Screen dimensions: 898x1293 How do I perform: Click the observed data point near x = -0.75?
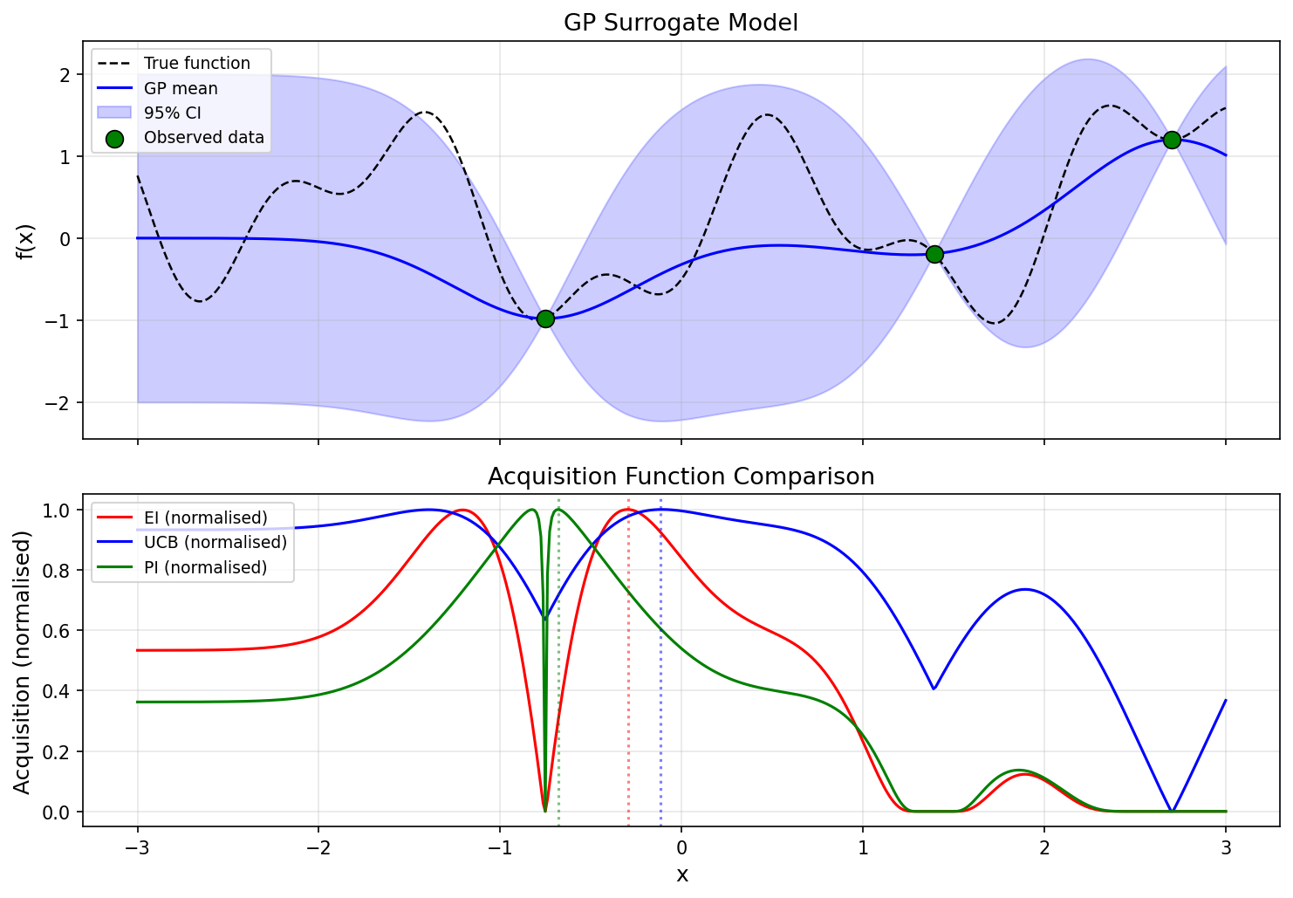(x=545, y=319)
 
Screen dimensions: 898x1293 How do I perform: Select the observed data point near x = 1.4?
(x=934, y=254)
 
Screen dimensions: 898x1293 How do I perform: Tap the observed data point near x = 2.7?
(x=1172, y=140)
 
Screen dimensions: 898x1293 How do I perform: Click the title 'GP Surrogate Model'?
(x=681, y=23)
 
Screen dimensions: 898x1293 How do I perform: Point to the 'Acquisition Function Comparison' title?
(x=681, y=476)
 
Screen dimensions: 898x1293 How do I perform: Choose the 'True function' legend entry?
(x=196, y=64)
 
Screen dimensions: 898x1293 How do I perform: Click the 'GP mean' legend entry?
(x=181, y=88)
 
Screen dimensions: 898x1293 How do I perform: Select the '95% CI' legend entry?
(x=173, y=113)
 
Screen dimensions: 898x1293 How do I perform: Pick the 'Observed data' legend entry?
(x=203, y=137)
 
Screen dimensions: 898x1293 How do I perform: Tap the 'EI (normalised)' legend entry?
(x=205, y=518)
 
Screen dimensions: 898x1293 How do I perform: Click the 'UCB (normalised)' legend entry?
(x=215, y=542)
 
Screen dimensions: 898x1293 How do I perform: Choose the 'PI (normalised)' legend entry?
(x=205, y=567)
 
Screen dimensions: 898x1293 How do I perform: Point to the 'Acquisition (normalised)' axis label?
(x=23, y=662)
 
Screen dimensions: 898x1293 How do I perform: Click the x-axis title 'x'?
(x=681, y=875)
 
